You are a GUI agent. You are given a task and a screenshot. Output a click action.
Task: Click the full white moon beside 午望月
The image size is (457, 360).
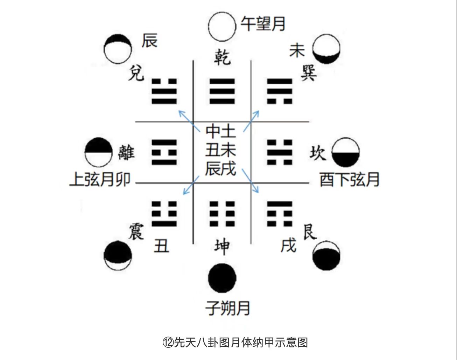point(222,27)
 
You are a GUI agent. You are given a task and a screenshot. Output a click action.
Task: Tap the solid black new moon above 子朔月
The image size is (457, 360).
point(222,278)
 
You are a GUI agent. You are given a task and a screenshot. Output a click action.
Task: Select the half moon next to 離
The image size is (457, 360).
point(99,152)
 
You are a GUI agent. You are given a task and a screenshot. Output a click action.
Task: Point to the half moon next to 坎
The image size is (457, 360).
point(345,152)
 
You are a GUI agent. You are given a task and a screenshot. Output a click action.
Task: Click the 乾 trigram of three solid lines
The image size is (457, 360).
point(222,91)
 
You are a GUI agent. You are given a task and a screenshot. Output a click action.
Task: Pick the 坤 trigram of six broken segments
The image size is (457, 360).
point(222,214)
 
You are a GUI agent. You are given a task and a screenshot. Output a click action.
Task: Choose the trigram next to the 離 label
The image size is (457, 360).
point(164,152)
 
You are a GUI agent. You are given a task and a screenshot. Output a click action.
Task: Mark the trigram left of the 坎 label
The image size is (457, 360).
point(280,152)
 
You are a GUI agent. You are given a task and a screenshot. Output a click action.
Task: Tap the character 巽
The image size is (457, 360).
point(308,73)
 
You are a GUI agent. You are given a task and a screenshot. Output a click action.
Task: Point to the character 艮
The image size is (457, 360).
point(310,231)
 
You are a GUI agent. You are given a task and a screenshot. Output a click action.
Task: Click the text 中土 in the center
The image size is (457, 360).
point(221,131)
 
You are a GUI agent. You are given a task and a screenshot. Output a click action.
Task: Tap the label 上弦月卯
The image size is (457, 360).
point(100,180)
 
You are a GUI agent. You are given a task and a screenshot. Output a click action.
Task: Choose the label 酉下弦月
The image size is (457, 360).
point(350,180)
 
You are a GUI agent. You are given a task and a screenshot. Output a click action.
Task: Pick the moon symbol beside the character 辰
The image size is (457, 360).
point(118,49)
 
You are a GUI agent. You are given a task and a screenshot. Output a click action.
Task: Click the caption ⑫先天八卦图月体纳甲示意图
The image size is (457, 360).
point(235,342)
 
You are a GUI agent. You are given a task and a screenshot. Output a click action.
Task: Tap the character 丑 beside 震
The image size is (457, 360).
point(161,246)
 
